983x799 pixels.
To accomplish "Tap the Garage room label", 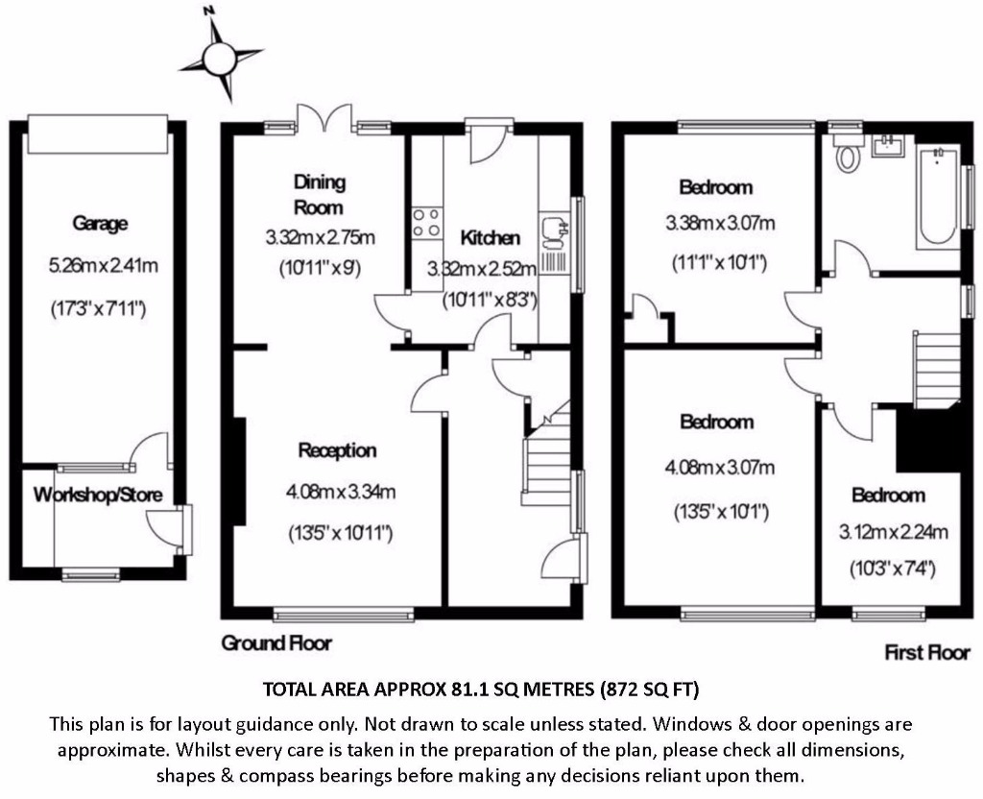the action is coord(100,223).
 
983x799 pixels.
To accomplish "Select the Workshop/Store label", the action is coord(98,495).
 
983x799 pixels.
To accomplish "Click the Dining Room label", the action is coord(319,194).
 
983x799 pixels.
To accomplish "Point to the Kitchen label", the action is coord(491,238).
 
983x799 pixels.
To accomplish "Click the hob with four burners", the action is coord(426,223).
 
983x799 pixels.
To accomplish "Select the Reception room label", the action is coord(337,450).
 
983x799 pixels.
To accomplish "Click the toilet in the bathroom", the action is coord(847,155).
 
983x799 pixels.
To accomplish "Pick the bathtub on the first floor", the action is coord(937,197).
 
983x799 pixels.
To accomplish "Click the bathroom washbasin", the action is coord(888,146).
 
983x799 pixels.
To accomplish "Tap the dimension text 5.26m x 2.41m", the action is coord(104,266).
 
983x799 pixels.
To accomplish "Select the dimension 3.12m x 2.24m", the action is coord(894,532).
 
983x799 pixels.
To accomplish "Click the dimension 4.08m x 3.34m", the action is coord(341,493).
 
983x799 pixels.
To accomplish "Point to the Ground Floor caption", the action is coord(276,642).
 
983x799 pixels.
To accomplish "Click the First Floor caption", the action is coord(927,652).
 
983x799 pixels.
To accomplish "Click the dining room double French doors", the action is coord(324,120).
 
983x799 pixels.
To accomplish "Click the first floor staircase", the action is coord(937,370).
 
